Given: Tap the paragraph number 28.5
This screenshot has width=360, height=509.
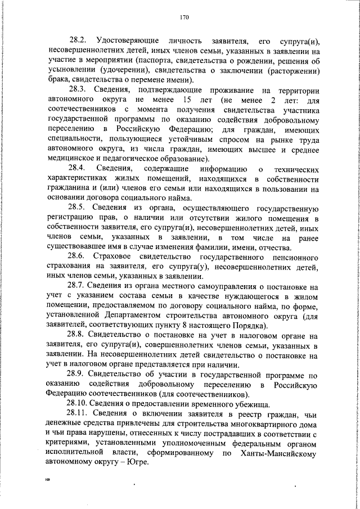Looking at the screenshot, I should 77,207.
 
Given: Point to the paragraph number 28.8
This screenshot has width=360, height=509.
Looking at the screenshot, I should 77,334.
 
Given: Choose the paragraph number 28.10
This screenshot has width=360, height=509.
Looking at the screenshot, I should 79,403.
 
